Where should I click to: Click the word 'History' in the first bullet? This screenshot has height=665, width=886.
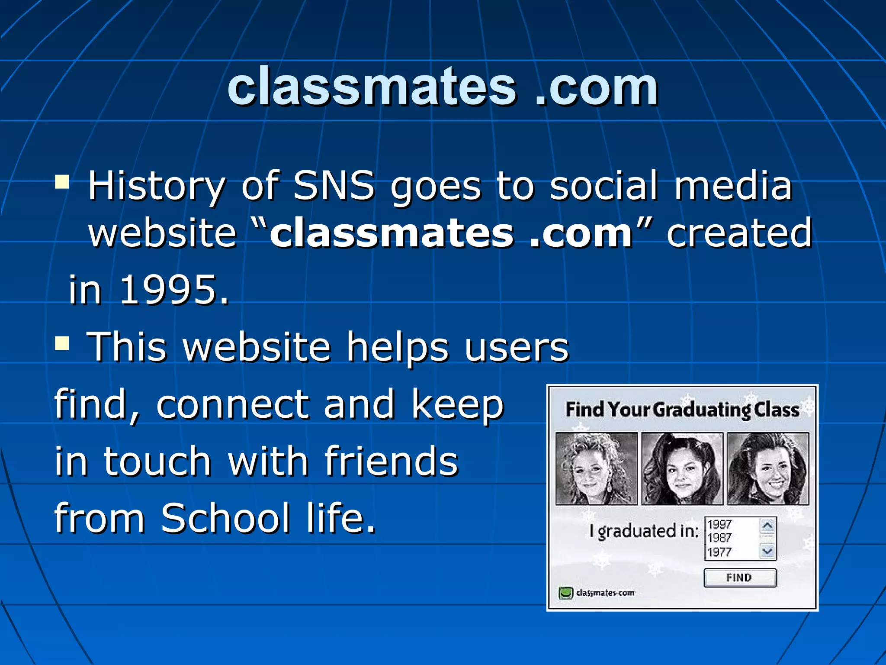156,186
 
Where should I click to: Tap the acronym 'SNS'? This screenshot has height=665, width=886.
334,186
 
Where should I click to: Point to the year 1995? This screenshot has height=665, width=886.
173,290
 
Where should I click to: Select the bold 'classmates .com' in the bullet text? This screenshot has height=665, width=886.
451,233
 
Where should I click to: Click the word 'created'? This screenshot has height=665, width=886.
739,233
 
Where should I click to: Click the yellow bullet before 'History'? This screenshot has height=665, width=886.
62,182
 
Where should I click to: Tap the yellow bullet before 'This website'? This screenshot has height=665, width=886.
62,344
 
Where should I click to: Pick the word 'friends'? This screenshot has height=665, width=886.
391,461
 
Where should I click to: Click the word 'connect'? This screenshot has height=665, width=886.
232,405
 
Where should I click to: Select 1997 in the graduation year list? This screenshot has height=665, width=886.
719,524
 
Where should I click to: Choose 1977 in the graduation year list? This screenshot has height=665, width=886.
719,552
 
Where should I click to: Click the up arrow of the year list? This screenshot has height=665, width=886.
767,526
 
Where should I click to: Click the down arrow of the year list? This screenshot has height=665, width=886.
767,551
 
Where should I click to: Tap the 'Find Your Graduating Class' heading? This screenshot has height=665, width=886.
682,410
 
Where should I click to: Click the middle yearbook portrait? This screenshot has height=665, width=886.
682,468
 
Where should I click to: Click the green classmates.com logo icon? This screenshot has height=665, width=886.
565,593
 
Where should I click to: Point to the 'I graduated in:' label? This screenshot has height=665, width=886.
644,531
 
